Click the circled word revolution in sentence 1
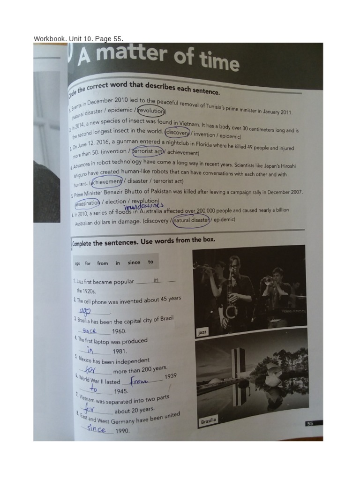click(x=151, y=111)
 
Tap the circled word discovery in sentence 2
click(x=177, y=133)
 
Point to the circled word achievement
click(x=107, y=181)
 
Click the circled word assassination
click(x=87, y=203)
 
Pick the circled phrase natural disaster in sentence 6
click(x=191, y=220)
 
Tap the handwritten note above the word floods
click(x=143, y=205)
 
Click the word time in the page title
click(x=214, y=61)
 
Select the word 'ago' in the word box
click(x=78, y=263)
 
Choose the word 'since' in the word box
click(x=134, y=262)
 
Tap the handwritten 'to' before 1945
click(x=94, y=390)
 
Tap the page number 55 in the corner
click(x=309, y=424)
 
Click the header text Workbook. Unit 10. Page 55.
click(x=79, y=38)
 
